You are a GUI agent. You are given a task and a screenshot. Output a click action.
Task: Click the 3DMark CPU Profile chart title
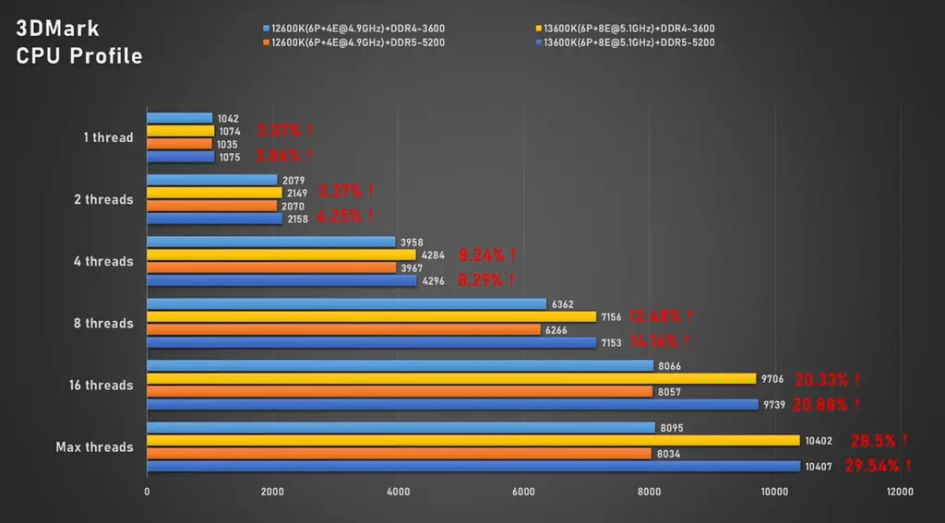79,42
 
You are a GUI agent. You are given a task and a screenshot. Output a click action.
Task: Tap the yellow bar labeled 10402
473,440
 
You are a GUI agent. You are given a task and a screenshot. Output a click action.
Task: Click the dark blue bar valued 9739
452,404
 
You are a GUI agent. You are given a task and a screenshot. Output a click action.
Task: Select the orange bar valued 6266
344,329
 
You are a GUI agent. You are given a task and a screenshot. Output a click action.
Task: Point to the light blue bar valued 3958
271,242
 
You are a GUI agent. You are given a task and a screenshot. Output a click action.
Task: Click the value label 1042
228,118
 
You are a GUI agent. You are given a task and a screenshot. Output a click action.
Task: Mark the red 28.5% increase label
878,441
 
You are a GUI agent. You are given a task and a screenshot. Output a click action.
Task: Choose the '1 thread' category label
108,137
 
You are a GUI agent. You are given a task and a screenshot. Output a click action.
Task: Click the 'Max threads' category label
94,447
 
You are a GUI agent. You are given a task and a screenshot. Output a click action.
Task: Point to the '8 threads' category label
104,324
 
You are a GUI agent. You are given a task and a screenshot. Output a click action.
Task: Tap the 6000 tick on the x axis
523,493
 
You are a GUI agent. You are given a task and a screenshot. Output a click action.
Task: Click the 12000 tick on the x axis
899,493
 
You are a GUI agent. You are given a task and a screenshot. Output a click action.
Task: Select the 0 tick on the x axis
147,493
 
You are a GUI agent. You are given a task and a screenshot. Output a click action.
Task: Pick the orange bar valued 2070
212,206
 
